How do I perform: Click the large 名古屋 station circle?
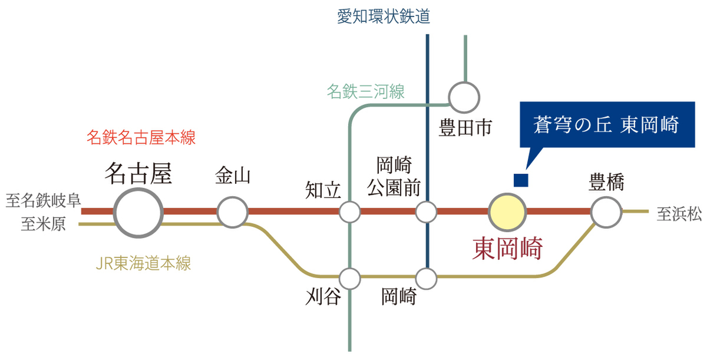pyautogui.click(x=138, y=212)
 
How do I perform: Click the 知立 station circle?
pyautogui.click(x=350, y=212)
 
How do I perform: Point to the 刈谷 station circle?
pyautogui.click(x=350, y=276)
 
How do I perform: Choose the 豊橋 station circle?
pyautogui.click(x=606, y=212)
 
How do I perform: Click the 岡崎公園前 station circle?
pyautogui.click(x=427, y=212)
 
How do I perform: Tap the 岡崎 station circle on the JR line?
pyautogui.click(x=427, y=276)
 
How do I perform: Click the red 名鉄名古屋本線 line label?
pyautogui.click(x=141, y=138)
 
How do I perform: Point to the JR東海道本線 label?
pyautogui.click(x=143, y=263)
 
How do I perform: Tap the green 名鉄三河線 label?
pyautogui.click(x=365, y=91)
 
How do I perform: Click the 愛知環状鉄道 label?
pyautogui.click(x=384, y=16)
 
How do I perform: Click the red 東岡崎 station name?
pyautogui.click(x=507, y=249)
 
